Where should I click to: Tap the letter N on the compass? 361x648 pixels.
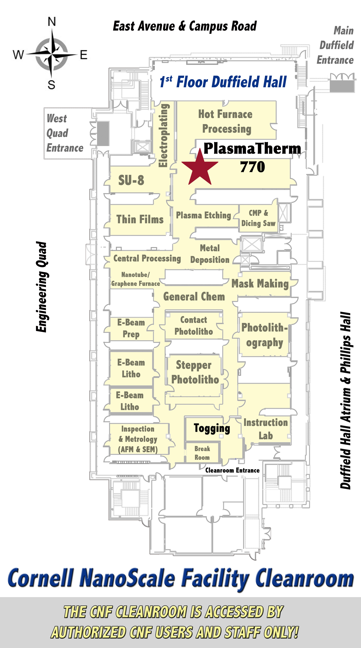click(x=52, y=22)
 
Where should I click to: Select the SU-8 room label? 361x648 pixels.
click(x=131, y=180)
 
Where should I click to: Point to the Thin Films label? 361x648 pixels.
click(x=140, y=219)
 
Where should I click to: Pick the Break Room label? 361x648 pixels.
click(x=202, y=453)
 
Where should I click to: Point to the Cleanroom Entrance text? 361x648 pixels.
click(x=232, y=470)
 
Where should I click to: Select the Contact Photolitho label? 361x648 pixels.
click(x=194, y=326)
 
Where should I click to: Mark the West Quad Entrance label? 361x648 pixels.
click(x=65, y=133)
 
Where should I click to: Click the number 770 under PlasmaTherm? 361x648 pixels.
click(x=252, y=167)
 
